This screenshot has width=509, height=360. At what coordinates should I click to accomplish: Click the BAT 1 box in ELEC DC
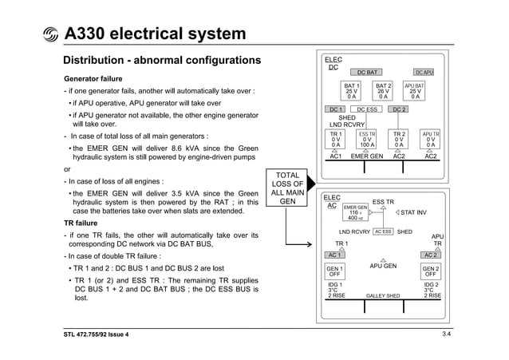351,90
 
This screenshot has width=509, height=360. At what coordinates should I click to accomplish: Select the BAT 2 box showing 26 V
384,90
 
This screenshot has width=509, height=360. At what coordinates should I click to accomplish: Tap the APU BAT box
415,90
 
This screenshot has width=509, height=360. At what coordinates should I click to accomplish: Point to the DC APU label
424,73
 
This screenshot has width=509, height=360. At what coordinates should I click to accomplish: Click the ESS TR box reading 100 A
367,140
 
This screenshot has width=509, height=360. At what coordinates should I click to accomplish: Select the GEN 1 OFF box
336,271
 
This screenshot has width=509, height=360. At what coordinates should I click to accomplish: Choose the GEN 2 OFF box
431,271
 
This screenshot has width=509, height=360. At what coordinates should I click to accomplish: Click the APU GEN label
384,267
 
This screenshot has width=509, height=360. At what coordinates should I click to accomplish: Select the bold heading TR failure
80,224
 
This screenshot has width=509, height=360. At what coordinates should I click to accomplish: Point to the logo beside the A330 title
51,35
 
